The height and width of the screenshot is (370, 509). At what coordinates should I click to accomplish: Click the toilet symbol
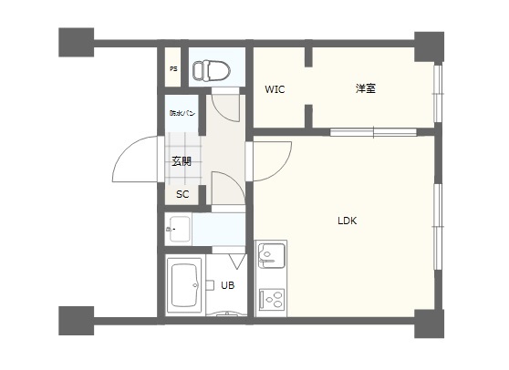[212, 70]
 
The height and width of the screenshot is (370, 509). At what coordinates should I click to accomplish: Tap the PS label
[173, 69]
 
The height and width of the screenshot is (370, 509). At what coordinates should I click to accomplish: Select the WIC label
[275, 89]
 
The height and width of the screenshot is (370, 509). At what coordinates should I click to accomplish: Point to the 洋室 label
[366, 88]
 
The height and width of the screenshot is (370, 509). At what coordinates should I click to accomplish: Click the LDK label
[347, 221]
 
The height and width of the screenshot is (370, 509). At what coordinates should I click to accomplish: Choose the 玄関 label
[182, 161]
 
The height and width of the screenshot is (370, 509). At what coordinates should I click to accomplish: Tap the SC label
[182, 194]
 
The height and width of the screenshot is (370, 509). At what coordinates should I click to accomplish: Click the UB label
[227, 285]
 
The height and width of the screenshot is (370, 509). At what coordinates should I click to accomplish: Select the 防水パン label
[182, 113]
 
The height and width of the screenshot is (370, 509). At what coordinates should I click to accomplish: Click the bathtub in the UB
[184, 285]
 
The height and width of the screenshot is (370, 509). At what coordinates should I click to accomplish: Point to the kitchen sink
[272, 256]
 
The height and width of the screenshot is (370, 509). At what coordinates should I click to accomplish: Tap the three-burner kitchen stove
[272, 300]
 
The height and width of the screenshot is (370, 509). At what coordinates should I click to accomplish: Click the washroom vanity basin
[180, 229]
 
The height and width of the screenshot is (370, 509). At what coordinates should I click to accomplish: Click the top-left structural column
[77, 43]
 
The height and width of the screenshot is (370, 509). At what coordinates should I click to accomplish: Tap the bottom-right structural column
[429, 324]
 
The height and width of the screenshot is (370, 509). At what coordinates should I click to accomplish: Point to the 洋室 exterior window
[438, 94]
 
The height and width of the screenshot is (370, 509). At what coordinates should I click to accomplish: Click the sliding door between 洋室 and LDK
[374, 132]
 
